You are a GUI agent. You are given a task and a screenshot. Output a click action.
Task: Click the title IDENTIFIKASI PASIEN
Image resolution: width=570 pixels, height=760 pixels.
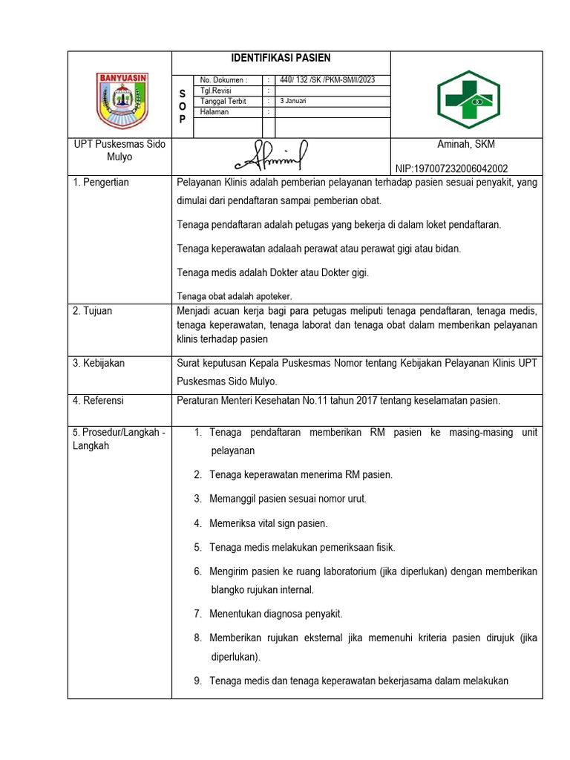(x=281, y=58)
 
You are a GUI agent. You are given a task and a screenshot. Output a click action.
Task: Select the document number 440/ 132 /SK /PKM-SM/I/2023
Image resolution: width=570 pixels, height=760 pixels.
(x=326, y=80)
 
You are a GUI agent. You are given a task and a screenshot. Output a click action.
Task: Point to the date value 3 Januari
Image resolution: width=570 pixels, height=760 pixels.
(x=293, y=101)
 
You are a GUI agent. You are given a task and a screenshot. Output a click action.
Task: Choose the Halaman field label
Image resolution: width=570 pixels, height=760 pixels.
(x=214, y=112)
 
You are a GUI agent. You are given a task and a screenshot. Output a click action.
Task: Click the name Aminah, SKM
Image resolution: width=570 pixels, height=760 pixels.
(x=466, y=144)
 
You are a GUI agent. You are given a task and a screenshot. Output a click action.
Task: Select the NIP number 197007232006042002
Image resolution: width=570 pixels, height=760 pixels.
(x=453, y=168)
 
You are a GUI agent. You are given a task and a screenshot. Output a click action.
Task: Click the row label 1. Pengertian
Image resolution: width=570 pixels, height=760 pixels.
(x=101, y=183)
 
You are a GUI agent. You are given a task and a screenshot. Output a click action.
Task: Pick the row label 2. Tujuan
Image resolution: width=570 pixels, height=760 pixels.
(x=93, y=311)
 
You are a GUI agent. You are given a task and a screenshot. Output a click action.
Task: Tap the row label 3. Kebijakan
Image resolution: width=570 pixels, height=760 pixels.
(x=99, y=363)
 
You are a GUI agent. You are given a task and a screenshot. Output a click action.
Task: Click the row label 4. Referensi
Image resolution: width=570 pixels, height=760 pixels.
(x=99, y=401)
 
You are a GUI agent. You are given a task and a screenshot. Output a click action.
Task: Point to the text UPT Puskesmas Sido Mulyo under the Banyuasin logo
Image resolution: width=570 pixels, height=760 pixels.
(x=119, y=151)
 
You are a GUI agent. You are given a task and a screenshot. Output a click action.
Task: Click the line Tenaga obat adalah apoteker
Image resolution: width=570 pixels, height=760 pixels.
(x=235, y=295)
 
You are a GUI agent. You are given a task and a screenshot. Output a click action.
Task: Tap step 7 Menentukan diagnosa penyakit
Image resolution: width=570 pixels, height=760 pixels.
(x=275, y=614)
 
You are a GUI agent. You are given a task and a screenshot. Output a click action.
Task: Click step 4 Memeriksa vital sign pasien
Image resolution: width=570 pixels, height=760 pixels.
(x=268, y=523)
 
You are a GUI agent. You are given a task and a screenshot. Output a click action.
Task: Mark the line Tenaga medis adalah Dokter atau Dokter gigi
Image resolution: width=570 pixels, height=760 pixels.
(x=273, y=272)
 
